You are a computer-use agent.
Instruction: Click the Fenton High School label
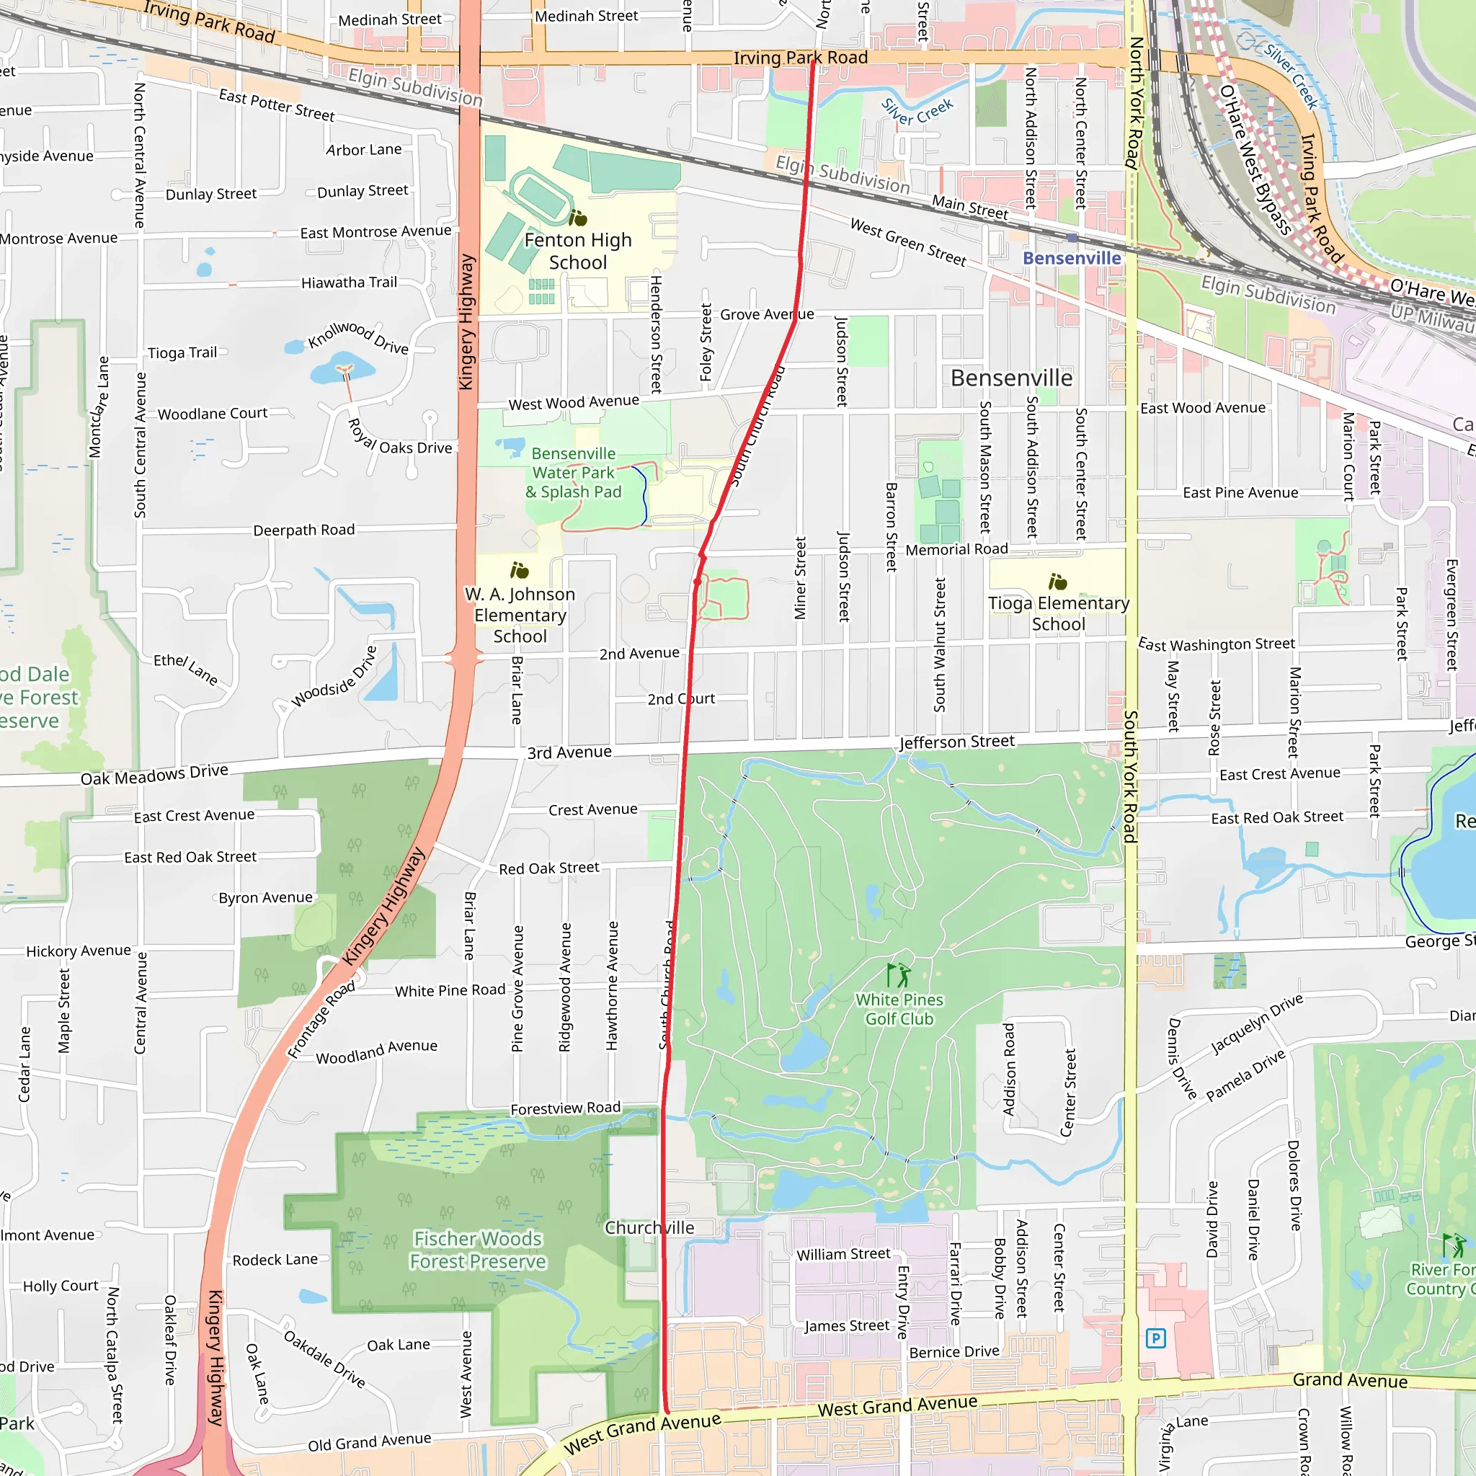pos(577,252)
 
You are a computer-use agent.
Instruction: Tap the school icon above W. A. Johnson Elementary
pos(520,570)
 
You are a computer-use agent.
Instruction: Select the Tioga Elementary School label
pos(1058,613)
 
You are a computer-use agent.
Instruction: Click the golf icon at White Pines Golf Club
pos(899,975)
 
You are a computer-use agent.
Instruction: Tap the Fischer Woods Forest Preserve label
pos(479,1249)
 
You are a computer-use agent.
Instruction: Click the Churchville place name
pos(649,1227)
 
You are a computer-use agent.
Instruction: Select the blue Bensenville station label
pos(1071,258)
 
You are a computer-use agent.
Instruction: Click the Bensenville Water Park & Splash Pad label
pos(573,472)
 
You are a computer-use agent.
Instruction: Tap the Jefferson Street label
pos(956,742)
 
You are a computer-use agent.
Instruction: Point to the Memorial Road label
pos(956,549)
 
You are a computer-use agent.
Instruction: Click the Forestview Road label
pos(565,1108)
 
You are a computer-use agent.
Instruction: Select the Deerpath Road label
pos(304,530)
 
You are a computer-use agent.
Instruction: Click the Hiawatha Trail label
pos(349,283)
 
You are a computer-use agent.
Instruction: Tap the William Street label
pos(843,1255)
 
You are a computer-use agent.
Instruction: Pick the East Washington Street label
pos(1217,645)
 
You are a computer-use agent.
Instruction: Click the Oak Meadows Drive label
pos(154,775)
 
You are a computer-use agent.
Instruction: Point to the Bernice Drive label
pos(954,1351)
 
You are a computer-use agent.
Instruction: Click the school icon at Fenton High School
pos(578,218)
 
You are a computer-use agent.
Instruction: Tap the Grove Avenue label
pos(766,314)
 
